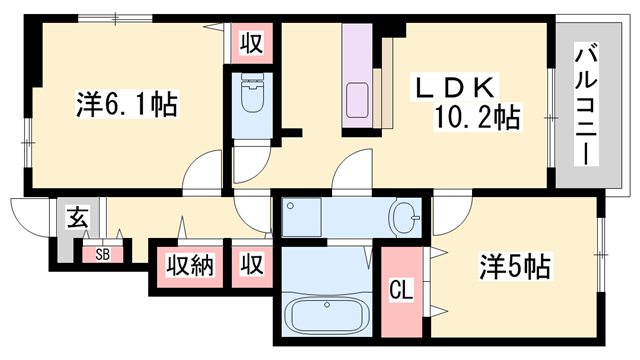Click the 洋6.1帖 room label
(127, 105)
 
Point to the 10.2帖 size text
(475, 119)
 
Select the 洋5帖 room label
(515, 267)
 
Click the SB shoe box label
(102, 254)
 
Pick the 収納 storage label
(189, 266)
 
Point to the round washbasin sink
(405, 216)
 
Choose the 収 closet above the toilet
(250, 44)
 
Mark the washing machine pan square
(300, 216)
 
